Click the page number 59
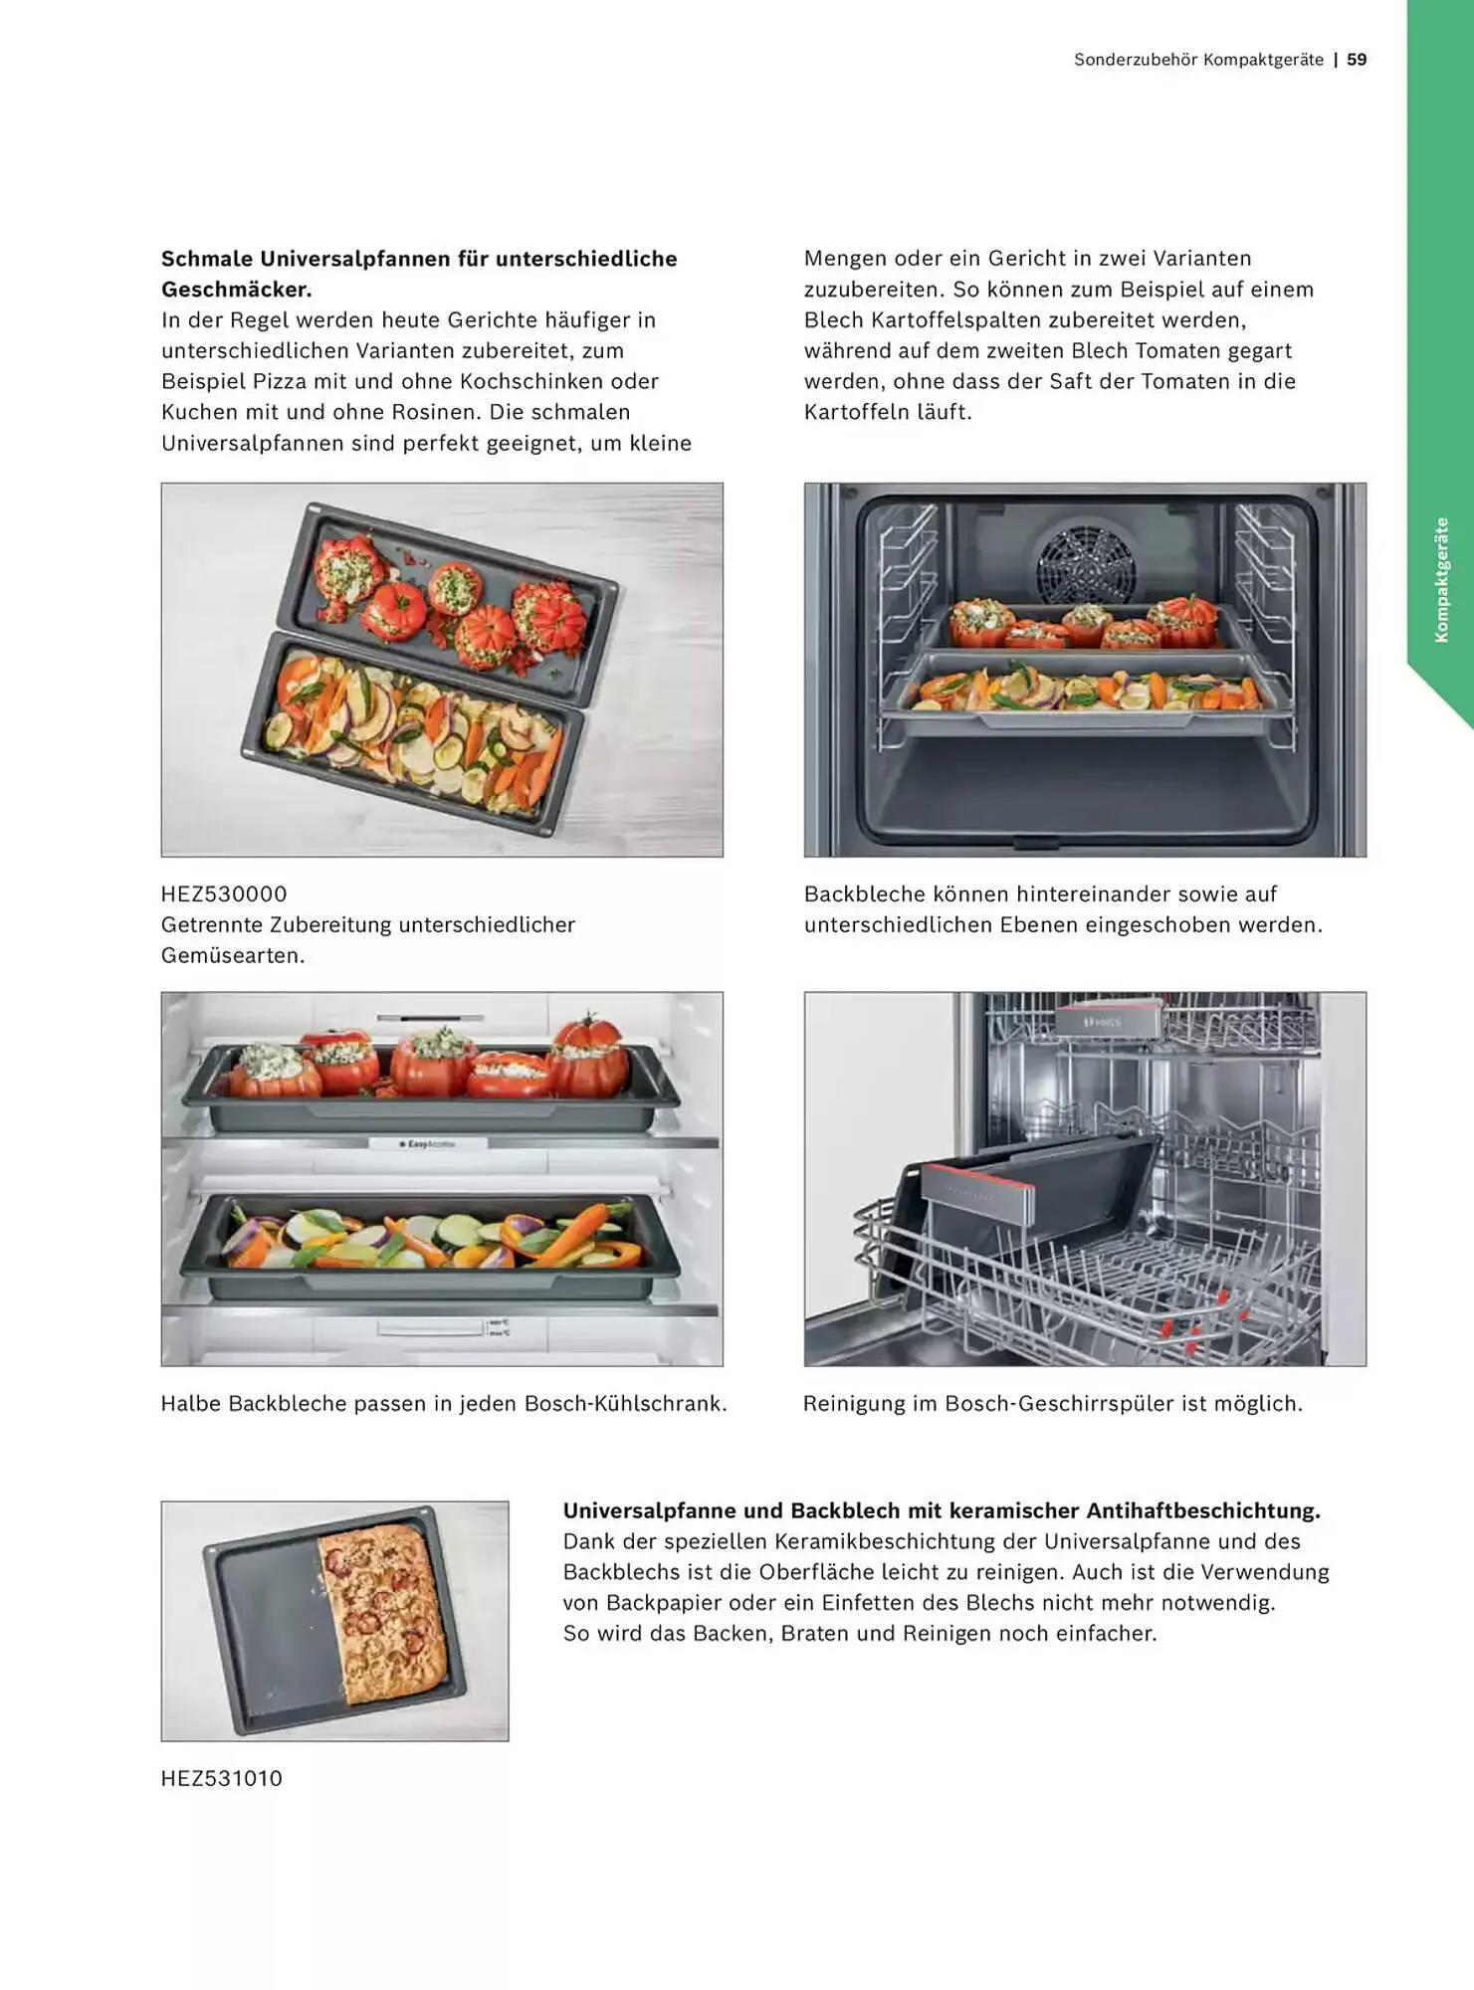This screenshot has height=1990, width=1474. click(1357, 60)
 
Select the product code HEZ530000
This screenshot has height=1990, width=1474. click(224, 894)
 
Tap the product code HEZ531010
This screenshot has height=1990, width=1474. click(222, 1778)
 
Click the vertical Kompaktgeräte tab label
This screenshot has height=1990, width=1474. click(1441, 579)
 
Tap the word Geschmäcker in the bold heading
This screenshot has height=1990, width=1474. click(237, 290)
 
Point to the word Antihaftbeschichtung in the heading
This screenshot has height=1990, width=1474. click(1203, 1510)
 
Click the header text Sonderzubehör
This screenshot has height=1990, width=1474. click(1135, 60)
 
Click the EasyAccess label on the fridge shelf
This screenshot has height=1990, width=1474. click(427, 1144)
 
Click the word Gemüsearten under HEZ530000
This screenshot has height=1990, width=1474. click(233, 955)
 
